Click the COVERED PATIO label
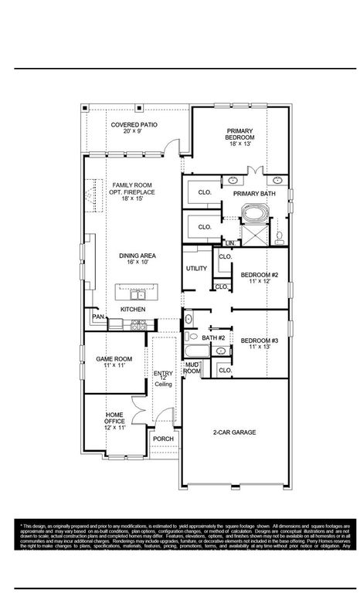pos(129,124)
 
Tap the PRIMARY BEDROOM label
pos(239,134)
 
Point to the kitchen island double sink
pos(135,294)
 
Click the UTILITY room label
pos(196,268)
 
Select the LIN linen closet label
pos(229,243)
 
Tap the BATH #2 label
pos(213,337)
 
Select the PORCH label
pos(163,439)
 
